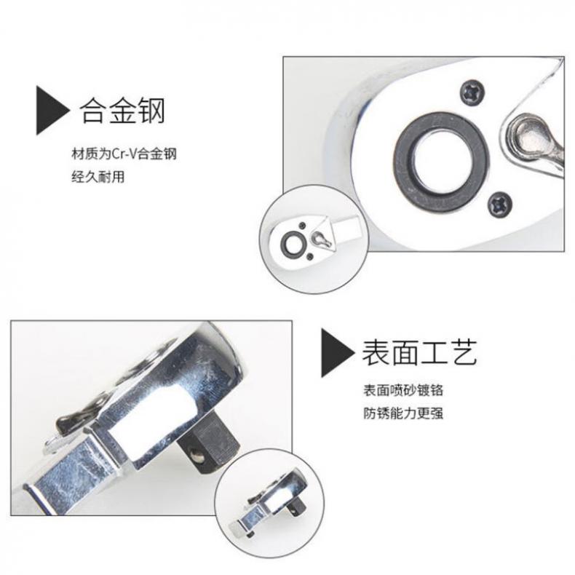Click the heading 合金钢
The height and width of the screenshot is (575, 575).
pos(122,110)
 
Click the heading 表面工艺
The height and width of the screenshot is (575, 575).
pos(419,352)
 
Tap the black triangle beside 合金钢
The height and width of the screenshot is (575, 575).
pos(52,111)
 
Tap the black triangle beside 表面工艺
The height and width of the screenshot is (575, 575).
pos(338,353)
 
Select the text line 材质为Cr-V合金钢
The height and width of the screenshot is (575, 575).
pos(124,154)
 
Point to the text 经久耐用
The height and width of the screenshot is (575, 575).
pos(98,177)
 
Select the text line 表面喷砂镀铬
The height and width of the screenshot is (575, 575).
pos(403,390)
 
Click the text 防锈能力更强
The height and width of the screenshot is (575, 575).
pos(403,413)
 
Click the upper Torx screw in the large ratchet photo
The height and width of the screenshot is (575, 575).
pos(472,92)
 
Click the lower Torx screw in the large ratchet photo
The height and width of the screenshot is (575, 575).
pos(500,204)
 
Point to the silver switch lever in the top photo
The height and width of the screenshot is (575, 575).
pos(534,141)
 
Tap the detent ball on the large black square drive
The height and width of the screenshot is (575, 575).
pos(199,457)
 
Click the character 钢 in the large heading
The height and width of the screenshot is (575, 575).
pos(151,110)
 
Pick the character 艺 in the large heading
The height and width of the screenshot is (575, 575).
pos(464,352)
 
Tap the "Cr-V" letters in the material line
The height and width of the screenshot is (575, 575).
pos(124,154)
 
